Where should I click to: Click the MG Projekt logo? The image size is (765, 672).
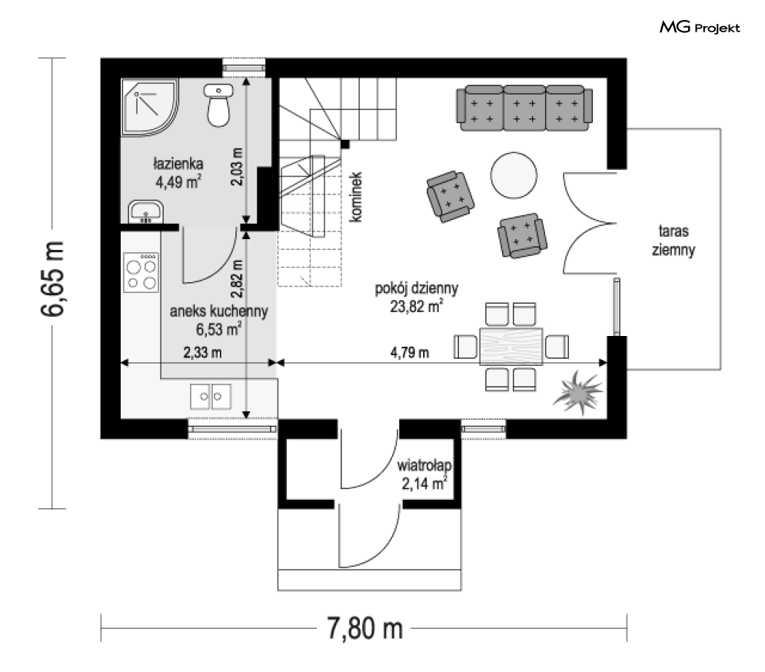click(700, 28)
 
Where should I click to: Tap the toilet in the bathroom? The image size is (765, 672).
click(218, 105)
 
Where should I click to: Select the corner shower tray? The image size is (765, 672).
click(150, 107)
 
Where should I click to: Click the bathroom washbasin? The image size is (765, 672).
click(145, 211)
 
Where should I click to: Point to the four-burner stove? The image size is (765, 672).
click(141, 272)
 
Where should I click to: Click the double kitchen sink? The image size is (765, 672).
click(210, 396)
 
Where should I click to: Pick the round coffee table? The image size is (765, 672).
click(514, 175)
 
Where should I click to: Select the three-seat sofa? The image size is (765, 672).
click(524, 108)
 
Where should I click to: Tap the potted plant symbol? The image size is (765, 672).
click(577, 391)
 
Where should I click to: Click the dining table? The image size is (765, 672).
click(511, 346)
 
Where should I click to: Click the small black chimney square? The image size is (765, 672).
click(345, 144)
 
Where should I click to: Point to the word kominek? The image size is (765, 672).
click(356, 197)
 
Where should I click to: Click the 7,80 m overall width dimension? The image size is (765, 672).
click(364, 628)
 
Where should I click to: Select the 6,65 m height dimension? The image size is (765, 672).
click(52, 279)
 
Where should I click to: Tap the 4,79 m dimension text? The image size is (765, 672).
click(410, 352)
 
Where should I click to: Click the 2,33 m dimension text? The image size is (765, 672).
click(202, 352)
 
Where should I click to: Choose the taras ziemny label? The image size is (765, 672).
click(674, 240)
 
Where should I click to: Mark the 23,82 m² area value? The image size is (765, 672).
click(416, 307)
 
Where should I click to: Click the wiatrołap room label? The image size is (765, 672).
click(424, 465)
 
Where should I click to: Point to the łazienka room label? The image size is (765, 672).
click(178, 164)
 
